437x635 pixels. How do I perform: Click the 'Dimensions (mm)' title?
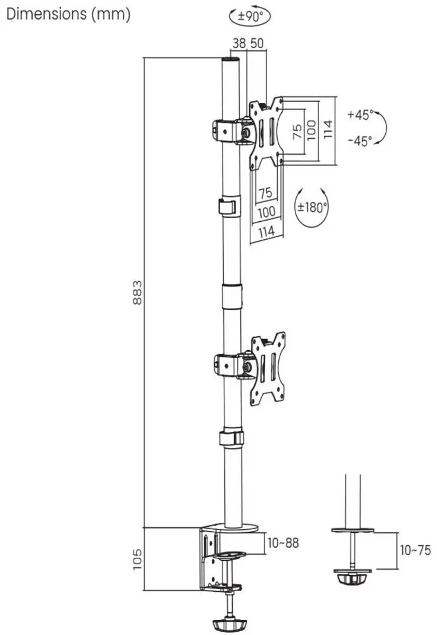click(68, 15)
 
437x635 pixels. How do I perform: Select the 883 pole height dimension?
click(138, 293)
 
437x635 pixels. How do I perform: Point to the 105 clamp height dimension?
click(137, 559)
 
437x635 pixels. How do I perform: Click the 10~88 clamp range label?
click(283, 543)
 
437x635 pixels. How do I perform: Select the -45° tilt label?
click(360, 141)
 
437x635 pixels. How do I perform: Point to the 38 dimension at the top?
click(239, 43)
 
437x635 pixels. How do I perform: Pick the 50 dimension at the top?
click(257, 43)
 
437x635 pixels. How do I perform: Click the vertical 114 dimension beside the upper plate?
click(327, 129)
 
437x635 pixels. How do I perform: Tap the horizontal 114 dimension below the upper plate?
click(267, 232)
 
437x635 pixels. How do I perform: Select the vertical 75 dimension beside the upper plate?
click(297, 132)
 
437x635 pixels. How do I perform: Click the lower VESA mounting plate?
click(268, 368)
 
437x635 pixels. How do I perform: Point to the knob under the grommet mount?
click(352, 578)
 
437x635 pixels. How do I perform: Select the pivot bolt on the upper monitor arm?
click(245, 132)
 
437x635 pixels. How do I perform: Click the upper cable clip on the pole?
click(230, 206)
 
